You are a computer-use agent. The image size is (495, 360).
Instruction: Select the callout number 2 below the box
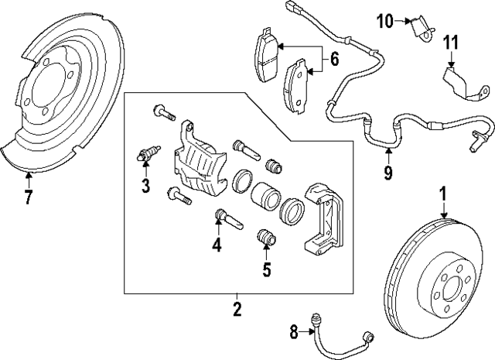click(237, 310)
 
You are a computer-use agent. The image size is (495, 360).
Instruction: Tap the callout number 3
click(145, 184)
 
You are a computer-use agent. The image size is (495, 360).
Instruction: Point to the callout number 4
click(217, 245)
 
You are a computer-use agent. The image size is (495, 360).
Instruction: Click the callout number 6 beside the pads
click(334, 58)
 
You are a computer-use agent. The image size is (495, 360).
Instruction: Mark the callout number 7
click(29, 197)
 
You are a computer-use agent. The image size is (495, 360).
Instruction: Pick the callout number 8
click(294, 333)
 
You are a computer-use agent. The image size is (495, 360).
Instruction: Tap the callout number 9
click(387, 171)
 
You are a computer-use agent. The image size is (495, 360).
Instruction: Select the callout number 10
click(385, 21)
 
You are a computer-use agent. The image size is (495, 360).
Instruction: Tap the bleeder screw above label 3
click(147, 153)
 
